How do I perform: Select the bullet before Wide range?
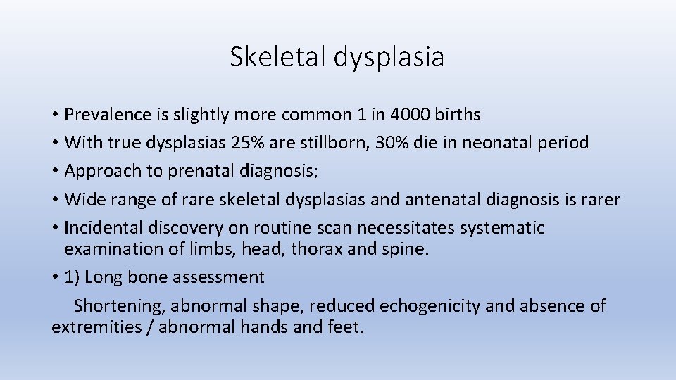tap(55, 200)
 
